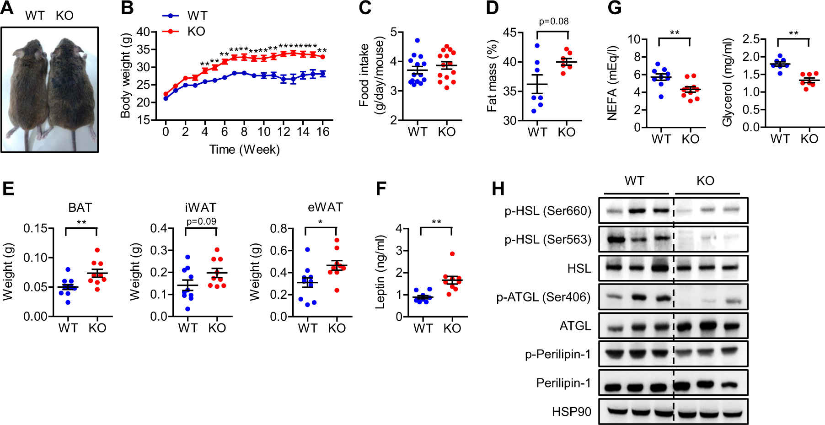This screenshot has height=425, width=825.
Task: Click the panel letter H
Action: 498,188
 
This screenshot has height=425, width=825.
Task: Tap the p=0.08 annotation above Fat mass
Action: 553,22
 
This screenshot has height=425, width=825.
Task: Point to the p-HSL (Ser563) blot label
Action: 548,239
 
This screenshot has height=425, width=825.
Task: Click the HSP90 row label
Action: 572,412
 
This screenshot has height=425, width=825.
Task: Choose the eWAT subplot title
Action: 325,207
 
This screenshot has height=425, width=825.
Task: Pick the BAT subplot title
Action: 80,208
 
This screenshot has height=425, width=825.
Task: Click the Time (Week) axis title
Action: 245,150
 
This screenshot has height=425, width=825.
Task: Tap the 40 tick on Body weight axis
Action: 143,32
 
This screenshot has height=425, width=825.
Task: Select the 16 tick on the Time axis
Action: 323,132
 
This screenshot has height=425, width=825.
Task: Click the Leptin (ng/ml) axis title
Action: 381,272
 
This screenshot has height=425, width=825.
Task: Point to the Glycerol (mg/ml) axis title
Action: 728,82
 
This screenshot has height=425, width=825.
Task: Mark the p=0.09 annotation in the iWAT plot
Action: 201,221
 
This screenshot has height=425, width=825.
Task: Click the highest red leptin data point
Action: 452,254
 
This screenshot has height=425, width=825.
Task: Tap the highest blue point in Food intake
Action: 417,40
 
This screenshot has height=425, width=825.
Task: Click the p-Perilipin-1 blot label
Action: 558,354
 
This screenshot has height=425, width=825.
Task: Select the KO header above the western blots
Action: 705,181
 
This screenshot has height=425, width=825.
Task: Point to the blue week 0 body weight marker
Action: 166,98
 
